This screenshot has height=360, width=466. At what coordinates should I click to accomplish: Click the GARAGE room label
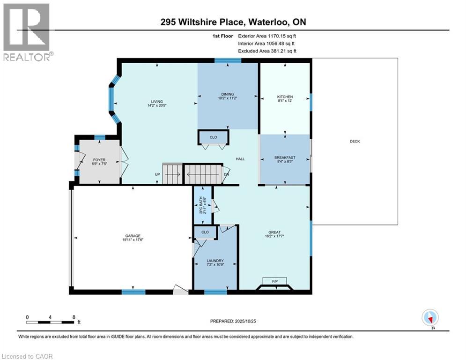coord(133,236)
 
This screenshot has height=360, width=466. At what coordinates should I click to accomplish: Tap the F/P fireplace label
coord(275,281)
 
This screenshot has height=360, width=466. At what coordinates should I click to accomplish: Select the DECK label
coord(355,142)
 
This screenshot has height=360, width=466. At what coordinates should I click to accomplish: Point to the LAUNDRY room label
coord(215,261)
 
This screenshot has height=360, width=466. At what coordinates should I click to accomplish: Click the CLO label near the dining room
coord(213,137)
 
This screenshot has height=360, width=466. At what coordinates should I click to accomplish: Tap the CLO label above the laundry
coord(205,232)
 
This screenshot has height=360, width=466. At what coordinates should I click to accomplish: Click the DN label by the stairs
coord(226,174)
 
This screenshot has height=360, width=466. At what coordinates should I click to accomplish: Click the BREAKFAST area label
coord(285,158)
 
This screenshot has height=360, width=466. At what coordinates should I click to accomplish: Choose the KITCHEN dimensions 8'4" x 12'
coord(285,101)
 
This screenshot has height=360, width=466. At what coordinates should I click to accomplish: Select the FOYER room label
coord(99,160)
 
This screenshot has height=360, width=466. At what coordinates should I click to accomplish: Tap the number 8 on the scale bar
coord(74,317)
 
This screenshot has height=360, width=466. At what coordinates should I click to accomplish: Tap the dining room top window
coord(228,60)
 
